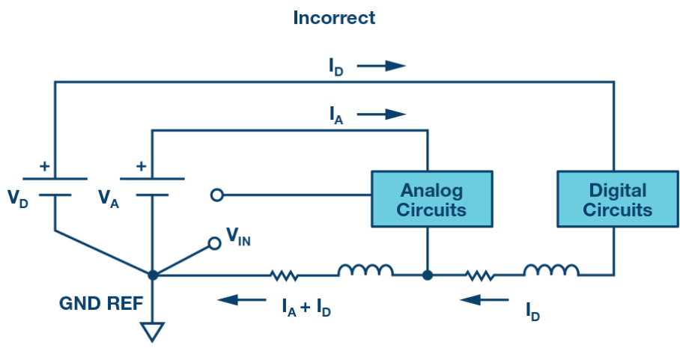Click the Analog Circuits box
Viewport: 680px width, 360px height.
click(x=432, y=199)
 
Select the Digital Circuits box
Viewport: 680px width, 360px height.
click(x=618, y=199)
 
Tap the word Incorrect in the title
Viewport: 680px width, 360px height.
click(x=334, y=18)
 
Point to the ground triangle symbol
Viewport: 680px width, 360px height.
click(x=152, y=332)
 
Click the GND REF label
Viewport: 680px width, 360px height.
click(x=101, y=303)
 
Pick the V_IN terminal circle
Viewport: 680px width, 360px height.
click(x=215, y=243)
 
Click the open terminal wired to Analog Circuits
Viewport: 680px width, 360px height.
click(x=217, y=195)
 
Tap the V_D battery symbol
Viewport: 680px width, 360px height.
click(x=55, y=186)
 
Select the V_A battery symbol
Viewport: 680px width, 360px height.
click(x=152, y=186)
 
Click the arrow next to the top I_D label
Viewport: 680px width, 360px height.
click(x=381, y=66)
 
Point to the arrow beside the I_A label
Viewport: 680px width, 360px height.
click(x=381, y=115)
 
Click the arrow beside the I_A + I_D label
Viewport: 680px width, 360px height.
click(x=242, y=299)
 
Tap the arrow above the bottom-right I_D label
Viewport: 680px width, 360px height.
click(x=484, y=299)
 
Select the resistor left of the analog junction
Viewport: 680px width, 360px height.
click(x=284, y=275)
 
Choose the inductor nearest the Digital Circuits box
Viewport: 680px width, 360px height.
click(x=551, y=270)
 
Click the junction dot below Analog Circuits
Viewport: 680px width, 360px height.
click(x=428, y=275)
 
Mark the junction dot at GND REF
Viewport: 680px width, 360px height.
click(x=153, y=275)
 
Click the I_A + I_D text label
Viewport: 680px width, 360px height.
click(x=306, y=308)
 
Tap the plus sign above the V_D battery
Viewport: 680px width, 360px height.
click(x=44, y=166)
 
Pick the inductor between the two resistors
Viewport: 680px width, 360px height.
click(x=365, y=270)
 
